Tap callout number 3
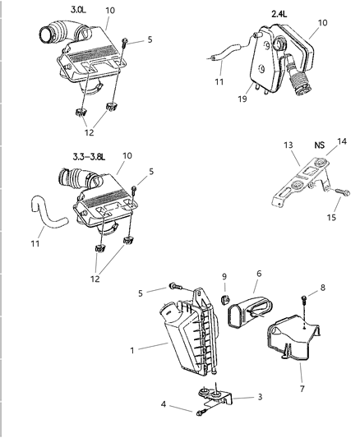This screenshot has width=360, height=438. tap(259, 396)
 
